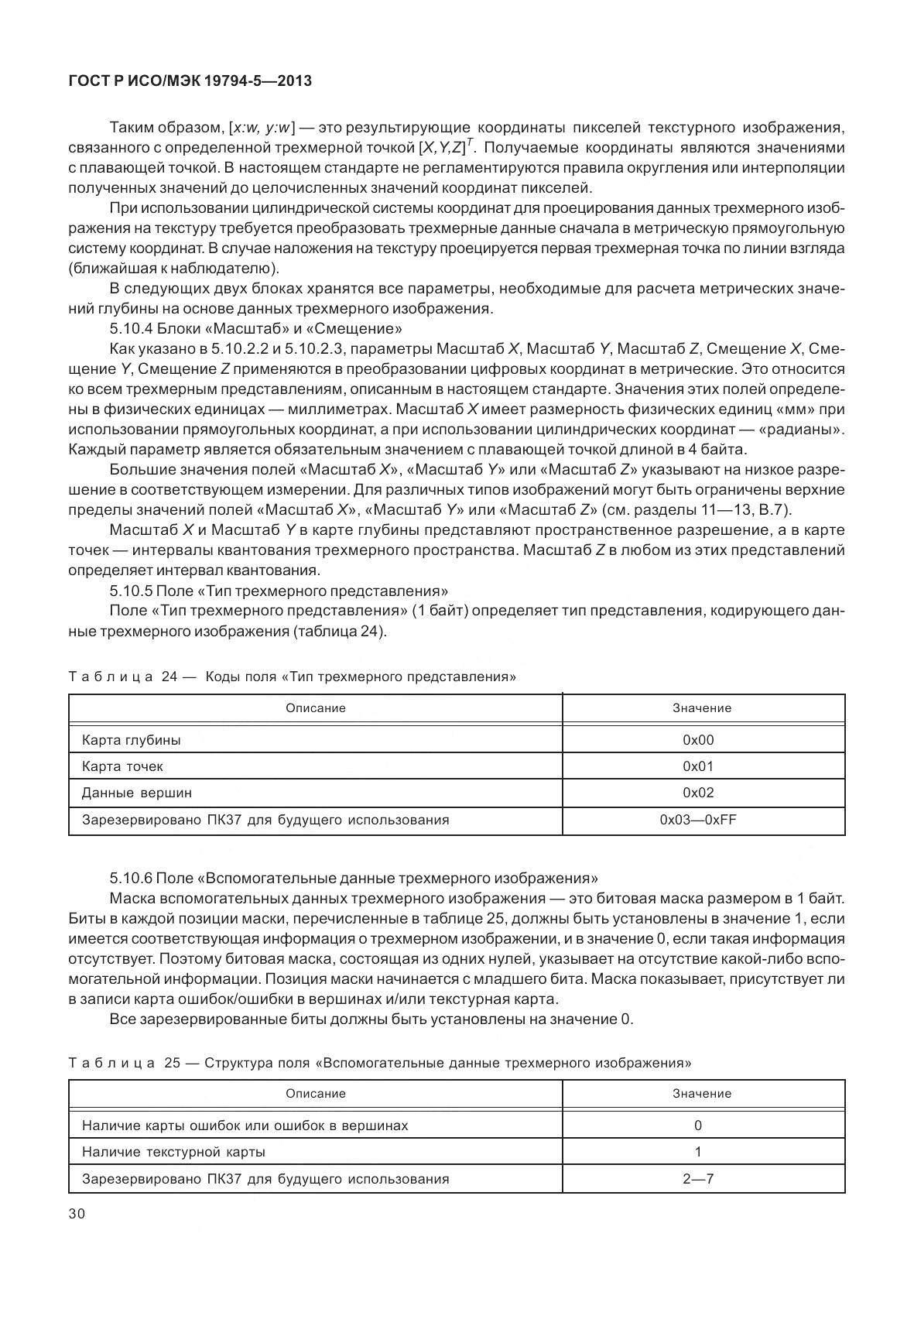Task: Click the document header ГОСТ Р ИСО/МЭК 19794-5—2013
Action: coord(190,80)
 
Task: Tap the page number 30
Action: coord(77,1214)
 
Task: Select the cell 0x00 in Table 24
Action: coord(698,740)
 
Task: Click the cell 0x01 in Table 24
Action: coord(698,766)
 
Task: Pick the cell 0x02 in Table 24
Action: coord(698,793)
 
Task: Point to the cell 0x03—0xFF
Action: coord(698,820)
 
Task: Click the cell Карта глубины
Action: coord(132,740)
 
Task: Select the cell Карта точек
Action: coord(122,766)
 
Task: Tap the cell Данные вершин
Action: coord(137,793)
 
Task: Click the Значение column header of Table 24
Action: coord(702,708)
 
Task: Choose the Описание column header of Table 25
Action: coord(316,1093)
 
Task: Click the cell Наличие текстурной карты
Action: coord(173,1152)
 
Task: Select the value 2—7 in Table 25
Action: coord(698,1179)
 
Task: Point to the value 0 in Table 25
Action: coord(698,1126)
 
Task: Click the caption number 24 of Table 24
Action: coord(169,677)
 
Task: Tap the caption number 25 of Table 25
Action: coord(172,1063)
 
